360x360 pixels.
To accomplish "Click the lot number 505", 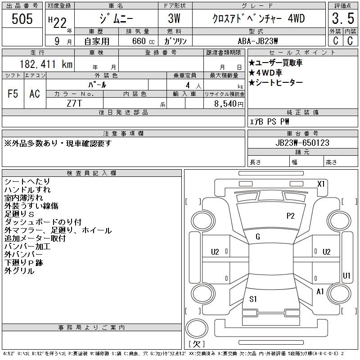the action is point(22,19).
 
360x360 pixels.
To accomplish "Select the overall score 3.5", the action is point(343,18).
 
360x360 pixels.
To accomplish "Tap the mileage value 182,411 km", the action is point(46,64).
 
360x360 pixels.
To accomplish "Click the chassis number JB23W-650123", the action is point(302,143).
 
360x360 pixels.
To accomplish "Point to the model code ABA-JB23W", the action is point(257,41).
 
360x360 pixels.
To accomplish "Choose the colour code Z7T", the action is point(74,103).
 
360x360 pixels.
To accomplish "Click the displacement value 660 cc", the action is point(143,41).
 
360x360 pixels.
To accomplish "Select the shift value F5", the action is point(13,94).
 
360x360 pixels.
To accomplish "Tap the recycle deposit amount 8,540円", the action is point(229,103).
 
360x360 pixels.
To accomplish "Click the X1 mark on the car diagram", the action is point(321,184).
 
